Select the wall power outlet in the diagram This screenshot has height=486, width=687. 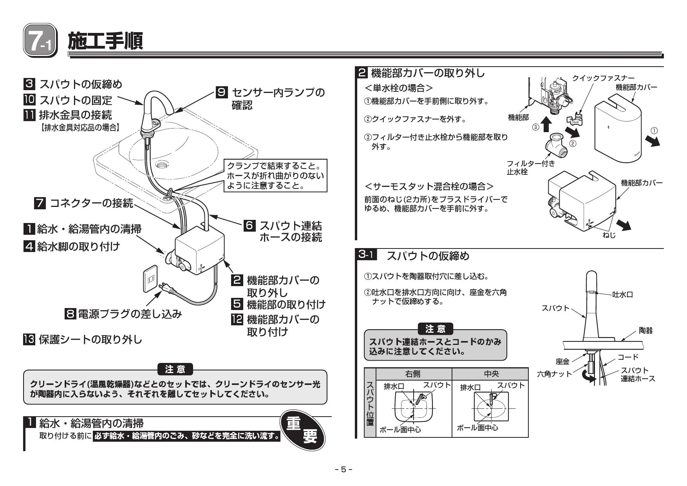150,279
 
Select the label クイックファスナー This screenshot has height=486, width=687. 603,78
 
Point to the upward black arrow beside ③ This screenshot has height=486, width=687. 547,124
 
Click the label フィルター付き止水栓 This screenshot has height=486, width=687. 531,168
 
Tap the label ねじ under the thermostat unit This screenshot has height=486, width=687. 609,235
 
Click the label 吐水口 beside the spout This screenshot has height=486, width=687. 622,295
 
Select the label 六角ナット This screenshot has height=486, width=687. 554,374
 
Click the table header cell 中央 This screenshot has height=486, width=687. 491,374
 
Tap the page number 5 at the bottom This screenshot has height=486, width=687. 343,469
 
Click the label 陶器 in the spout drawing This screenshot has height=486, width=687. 646,331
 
